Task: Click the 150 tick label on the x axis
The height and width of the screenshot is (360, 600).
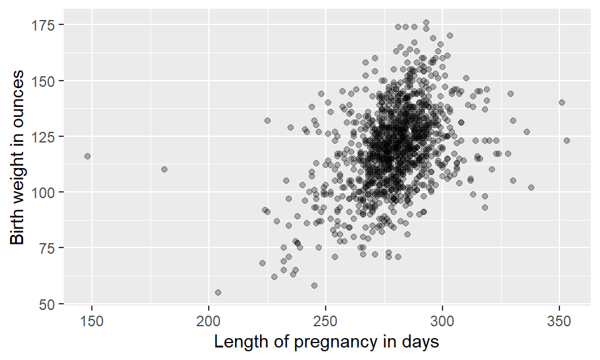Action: coord(92,320)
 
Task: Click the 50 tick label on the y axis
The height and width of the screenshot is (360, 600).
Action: coord(48,304)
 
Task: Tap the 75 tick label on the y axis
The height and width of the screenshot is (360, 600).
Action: coord(48,247)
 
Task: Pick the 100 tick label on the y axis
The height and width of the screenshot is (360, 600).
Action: coord(45,192)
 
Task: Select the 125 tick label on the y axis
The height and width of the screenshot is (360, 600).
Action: coord(45,136)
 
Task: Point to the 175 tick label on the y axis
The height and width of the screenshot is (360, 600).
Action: coord(45,24)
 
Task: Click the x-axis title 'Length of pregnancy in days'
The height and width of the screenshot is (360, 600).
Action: coord(326,342)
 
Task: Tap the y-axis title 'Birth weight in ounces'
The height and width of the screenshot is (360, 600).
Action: coord(17,157)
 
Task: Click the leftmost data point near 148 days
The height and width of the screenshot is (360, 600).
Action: coord(87,156)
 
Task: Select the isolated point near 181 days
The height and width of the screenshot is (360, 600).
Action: coord(164,169)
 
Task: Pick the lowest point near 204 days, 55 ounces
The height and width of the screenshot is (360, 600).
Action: coord(218,292)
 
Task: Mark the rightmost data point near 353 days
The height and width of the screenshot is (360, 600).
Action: coord(567,141)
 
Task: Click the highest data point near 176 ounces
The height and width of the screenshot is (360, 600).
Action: coord(426,22)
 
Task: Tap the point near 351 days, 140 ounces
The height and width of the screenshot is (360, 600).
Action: coord(562,102)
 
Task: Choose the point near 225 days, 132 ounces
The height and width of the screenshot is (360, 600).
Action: coord(267,121)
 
